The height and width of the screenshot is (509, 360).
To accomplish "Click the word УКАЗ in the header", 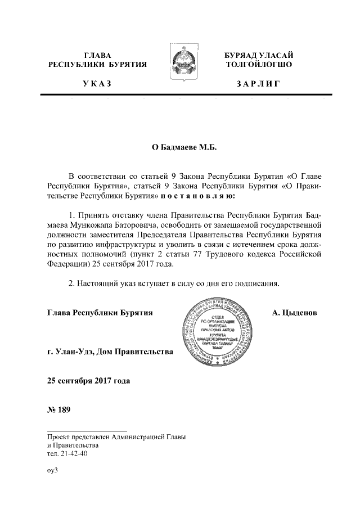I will pyautogui.click(x=97, y=84).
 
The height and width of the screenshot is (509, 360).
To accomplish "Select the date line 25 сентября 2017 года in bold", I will pyautogui.click(x=88, y=381).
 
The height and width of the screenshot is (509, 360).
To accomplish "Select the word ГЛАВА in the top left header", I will pyautogui.click(x=97, y=55).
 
